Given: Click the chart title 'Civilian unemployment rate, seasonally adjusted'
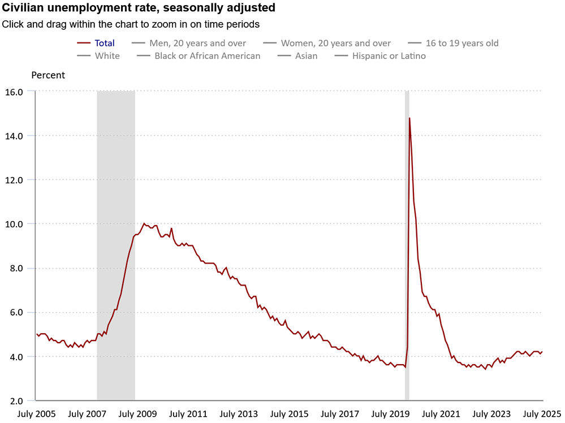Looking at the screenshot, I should click(x=139, y=8).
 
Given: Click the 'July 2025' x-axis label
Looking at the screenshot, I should click(x=541, y=414).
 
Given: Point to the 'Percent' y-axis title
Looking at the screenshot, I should click(x=48, y=75).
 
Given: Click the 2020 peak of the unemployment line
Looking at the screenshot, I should click(x=409, y=118).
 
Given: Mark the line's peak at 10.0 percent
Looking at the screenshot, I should click(x=144, y=223).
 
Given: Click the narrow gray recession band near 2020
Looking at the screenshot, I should click(x=407, y=254).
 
